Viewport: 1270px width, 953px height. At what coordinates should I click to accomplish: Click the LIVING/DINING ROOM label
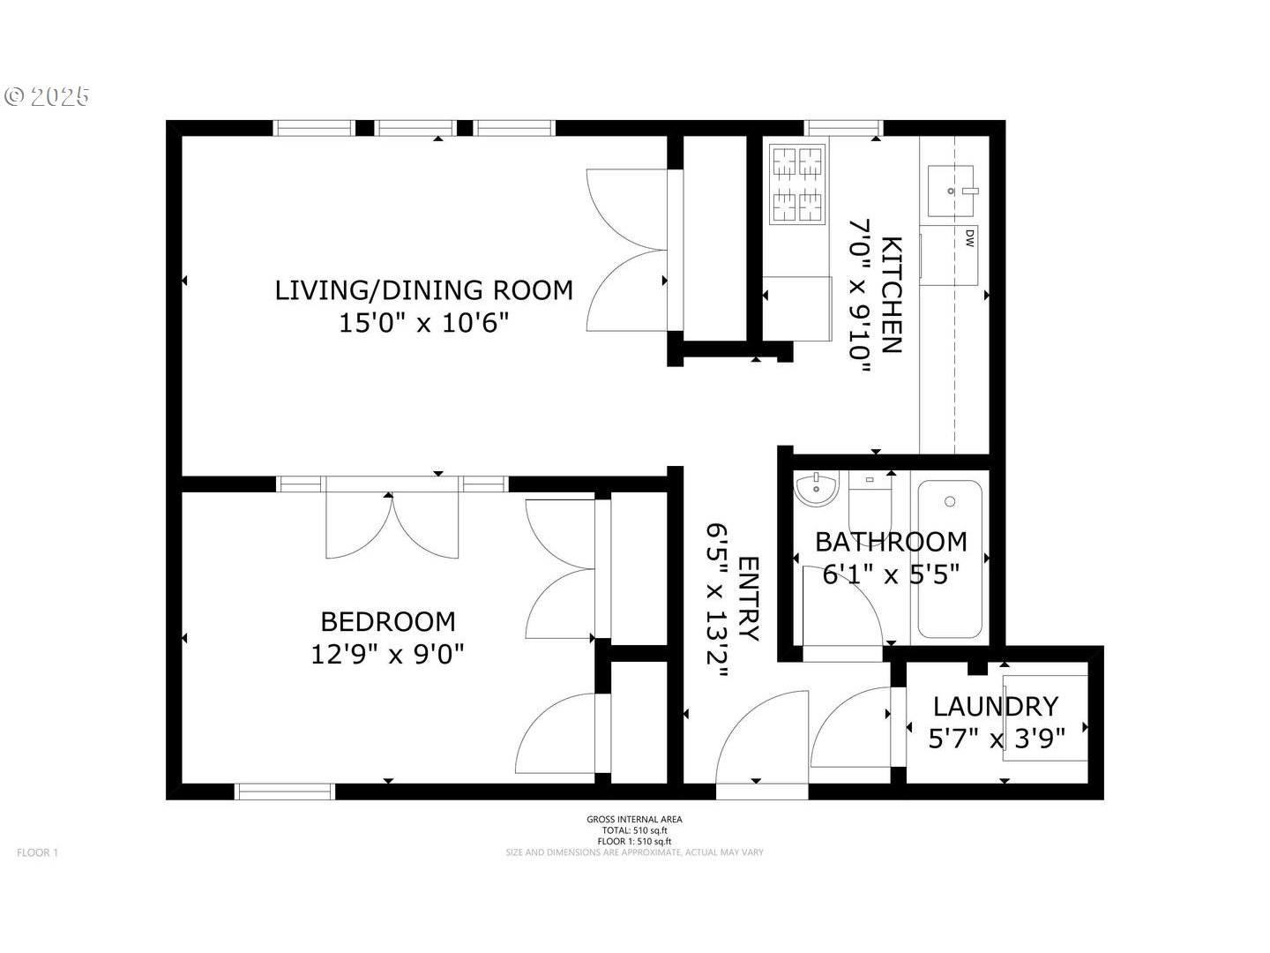coord(423,290)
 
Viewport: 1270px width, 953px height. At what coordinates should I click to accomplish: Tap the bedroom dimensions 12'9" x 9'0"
coord(387,654)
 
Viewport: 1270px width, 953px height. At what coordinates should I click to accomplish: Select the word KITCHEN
coord(892,295)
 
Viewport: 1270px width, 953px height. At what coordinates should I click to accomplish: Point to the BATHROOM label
coord(891,541)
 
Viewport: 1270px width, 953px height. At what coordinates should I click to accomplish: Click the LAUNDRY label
coord(995,706)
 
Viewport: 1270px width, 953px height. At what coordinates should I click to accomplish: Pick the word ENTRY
coord(748,598)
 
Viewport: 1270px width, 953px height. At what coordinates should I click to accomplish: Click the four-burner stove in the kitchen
coord(797,184)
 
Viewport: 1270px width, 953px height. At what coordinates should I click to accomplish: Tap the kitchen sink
coord(951,190)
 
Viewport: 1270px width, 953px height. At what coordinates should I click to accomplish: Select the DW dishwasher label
coord(969,237)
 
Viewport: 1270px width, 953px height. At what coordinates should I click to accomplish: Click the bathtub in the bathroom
coord(949,558)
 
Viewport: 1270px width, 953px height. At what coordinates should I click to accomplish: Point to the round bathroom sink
coord(816,489)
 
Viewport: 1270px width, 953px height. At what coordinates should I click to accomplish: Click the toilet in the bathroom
coord(870,499)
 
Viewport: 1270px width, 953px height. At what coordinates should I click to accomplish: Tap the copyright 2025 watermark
coord(48,96)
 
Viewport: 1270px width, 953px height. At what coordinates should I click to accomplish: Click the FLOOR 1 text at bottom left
coord(37,852)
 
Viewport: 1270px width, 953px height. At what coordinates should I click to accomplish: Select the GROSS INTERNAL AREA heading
coord(634,819)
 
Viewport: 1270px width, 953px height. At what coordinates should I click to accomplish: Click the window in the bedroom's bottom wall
coord(285,792)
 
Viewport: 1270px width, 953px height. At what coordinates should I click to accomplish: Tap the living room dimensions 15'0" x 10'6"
coord(423,323)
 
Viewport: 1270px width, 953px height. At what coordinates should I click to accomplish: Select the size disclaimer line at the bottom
coord(634,852)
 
